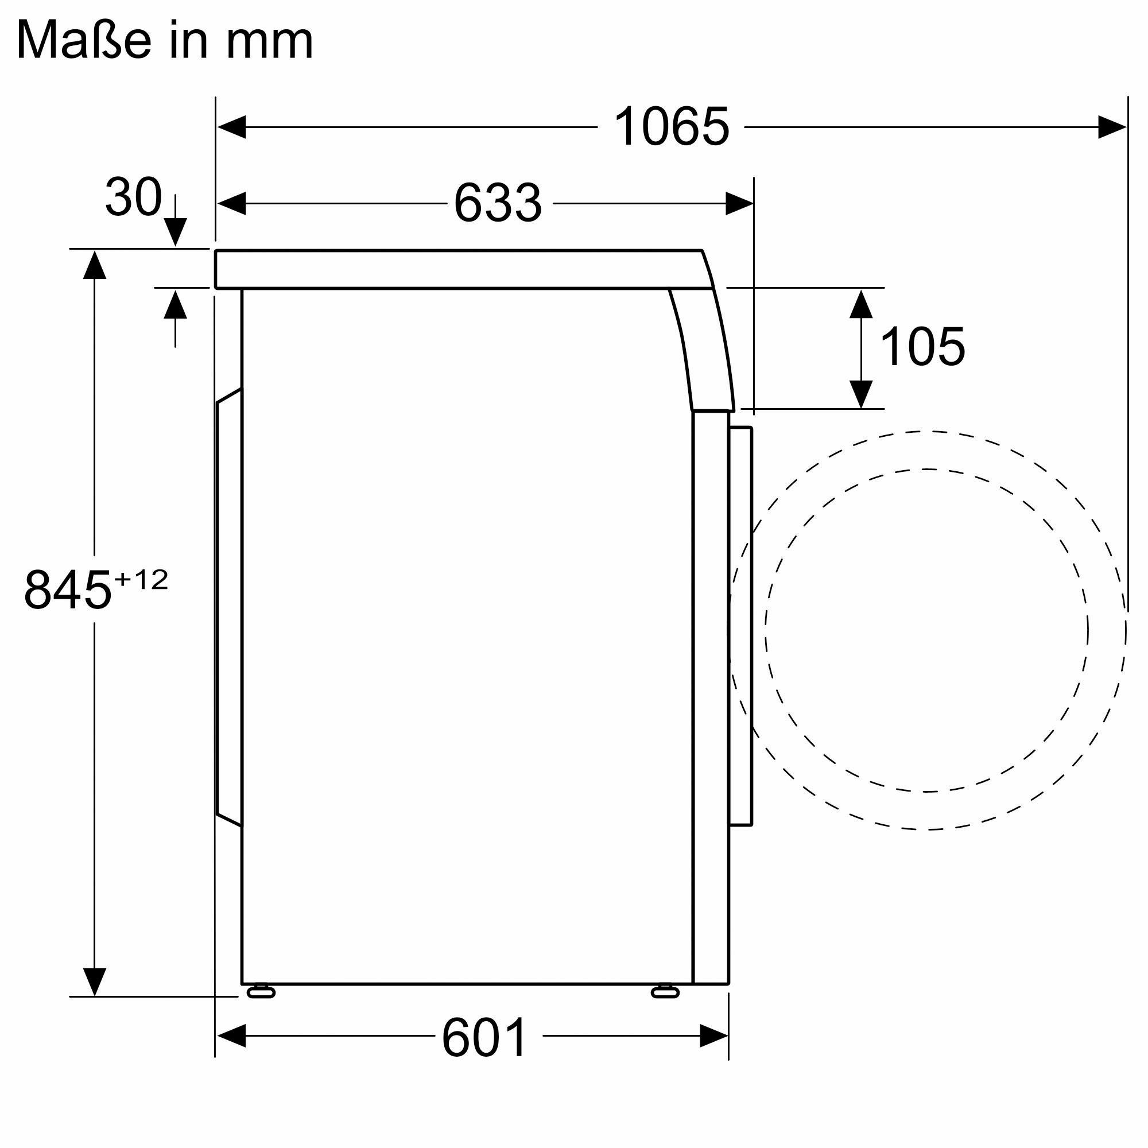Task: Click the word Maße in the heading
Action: (x=84, y=40)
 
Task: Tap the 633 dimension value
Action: (x=498, y=203)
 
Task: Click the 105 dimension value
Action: (x=922, y=347)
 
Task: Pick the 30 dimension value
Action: (x=133, y=197)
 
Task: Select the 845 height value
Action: (x=68, y=590)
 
